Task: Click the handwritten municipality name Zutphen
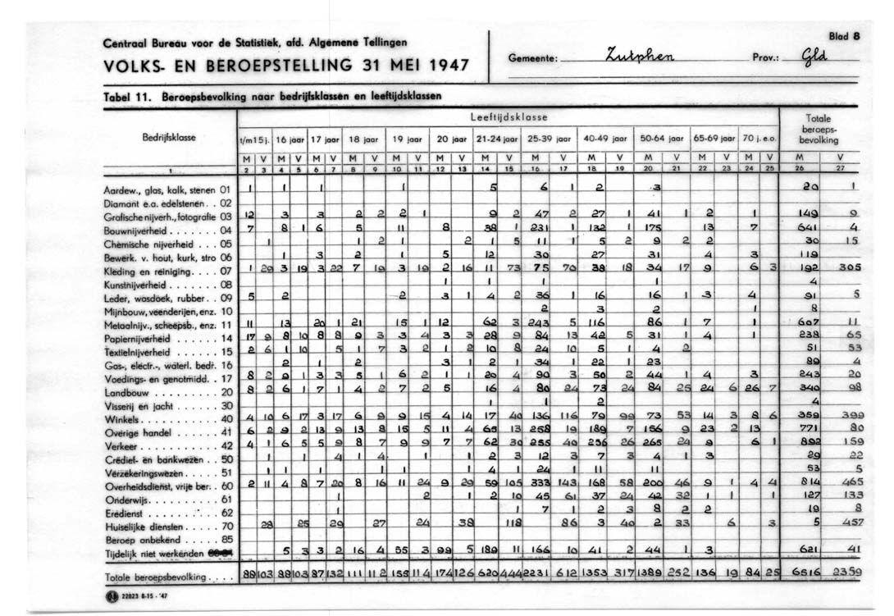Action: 639,57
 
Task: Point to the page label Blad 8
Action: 844,36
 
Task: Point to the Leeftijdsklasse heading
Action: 509,117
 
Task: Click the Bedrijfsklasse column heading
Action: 169,137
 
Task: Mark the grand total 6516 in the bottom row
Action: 809,576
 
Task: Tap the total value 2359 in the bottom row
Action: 851,576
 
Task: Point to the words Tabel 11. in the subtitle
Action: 130,96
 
